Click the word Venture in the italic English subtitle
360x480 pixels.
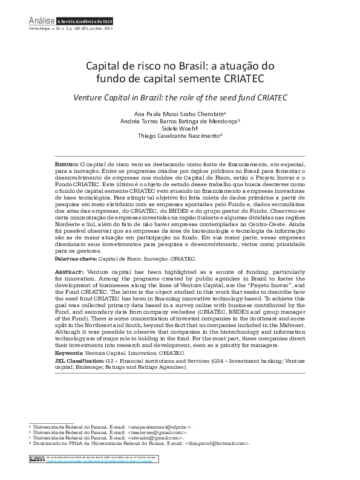[90, 97]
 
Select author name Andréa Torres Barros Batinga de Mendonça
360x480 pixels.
[179, 121]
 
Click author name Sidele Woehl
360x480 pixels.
[179, 129]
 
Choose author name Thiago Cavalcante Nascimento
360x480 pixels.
[179, 137]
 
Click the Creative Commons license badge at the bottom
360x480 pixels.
[38, 461]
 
